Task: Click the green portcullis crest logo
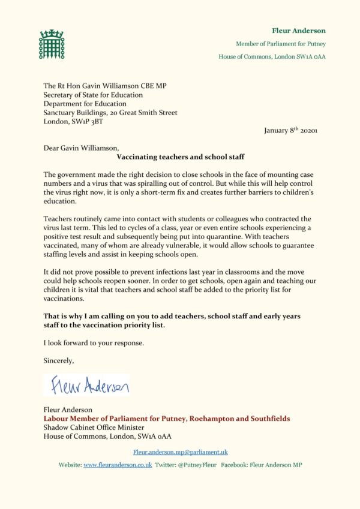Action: tap(51, 44)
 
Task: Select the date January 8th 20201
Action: tap(290, 131)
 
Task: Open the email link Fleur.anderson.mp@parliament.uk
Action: tap(180, 452)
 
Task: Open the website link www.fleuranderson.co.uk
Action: tap(118, 465)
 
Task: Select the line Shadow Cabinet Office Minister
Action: tap(94, 427)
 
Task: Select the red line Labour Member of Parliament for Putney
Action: tap(167, 418)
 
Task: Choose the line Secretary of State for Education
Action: tap(92, 94)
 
